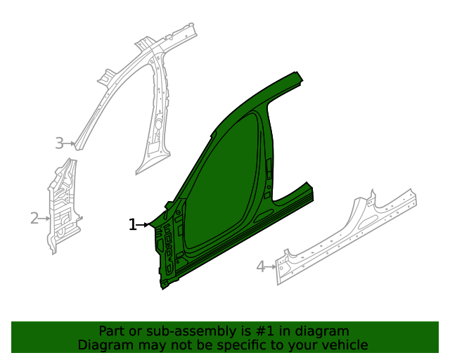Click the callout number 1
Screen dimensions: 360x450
coord(132,225)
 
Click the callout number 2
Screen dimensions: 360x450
coord(34,219)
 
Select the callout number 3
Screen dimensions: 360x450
coord(59,143)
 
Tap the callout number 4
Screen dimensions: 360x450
coord(260,266)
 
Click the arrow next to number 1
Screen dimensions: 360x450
coord(145,225)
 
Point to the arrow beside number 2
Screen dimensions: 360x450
coord(46,219)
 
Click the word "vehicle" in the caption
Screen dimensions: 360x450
coord(344,345)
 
